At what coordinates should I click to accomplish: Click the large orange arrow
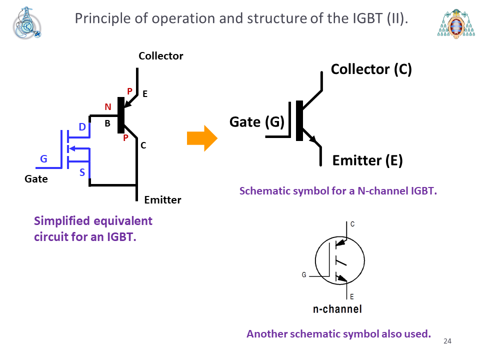[x=202, y=138]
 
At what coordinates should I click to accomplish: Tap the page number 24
[x=447, y=341]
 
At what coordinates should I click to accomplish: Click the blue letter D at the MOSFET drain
[x=82, y=126]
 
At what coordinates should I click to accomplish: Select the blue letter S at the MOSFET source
[x=82, y=172]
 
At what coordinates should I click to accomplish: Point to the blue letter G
[x=44, y=159]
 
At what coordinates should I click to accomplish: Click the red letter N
[x=108, y=107]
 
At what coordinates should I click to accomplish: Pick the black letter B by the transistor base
[x=107, y=123]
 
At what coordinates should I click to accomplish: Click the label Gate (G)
[x=257, y=122]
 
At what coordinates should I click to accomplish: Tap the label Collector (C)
[x=371, y=69]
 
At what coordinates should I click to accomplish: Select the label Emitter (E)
[x=367, y=160]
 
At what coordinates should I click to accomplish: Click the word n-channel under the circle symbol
[x=337, y=309]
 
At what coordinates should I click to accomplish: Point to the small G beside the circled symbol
[x=304, y=275]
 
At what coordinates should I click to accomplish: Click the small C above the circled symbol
[x=352, y=224]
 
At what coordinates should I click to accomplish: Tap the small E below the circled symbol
[x=351, y=296]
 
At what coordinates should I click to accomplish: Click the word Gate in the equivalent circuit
[x=36, y=179]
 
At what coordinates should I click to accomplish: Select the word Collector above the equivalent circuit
[x=161, y=55]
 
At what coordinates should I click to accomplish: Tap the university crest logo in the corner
[x=456, y=23]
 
